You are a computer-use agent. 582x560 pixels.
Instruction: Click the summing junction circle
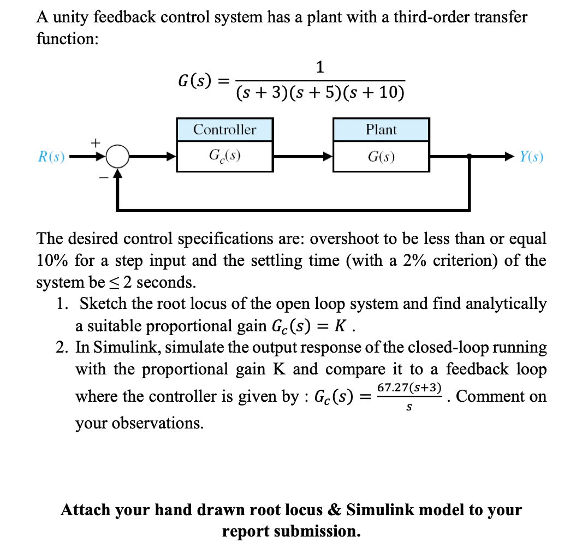tap(116, 158)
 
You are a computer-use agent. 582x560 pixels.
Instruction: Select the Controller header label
tap(224, 130)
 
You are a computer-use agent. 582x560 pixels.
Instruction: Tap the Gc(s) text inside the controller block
tap(224, 157)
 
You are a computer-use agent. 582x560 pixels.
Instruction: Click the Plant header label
tap(381, 130)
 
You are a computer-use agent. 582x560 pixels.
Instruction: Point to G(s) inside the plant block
tap(382, 157)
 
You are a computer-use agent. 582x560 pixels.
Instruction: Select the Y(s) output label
tap(531, 158)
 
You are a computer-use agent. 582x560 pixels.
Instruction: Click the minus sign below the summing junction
tap(99, 177)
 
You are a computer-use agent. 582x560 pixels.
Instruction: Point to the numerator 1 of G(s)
tap(320, 68)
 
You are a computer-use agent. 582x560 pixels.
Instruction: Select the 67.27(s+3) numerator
tap(409, 388)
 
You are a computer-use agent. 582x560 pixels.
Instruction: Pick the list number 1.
tap(62, 303)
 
